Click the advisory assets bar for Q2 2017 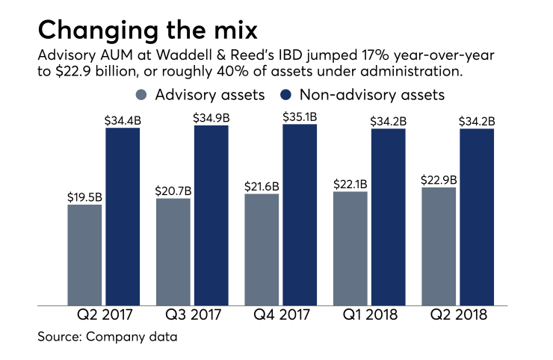point(84,254)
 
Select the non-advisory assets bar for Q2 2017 point(123,217)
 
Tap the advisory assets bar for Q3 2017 point(173,251)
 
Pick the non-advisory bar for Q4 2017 point(300,215)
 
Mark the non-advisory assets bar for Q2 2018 point(477,217)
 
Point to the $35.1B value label point(300,117)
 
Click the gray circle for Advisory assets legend point(141,95)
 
